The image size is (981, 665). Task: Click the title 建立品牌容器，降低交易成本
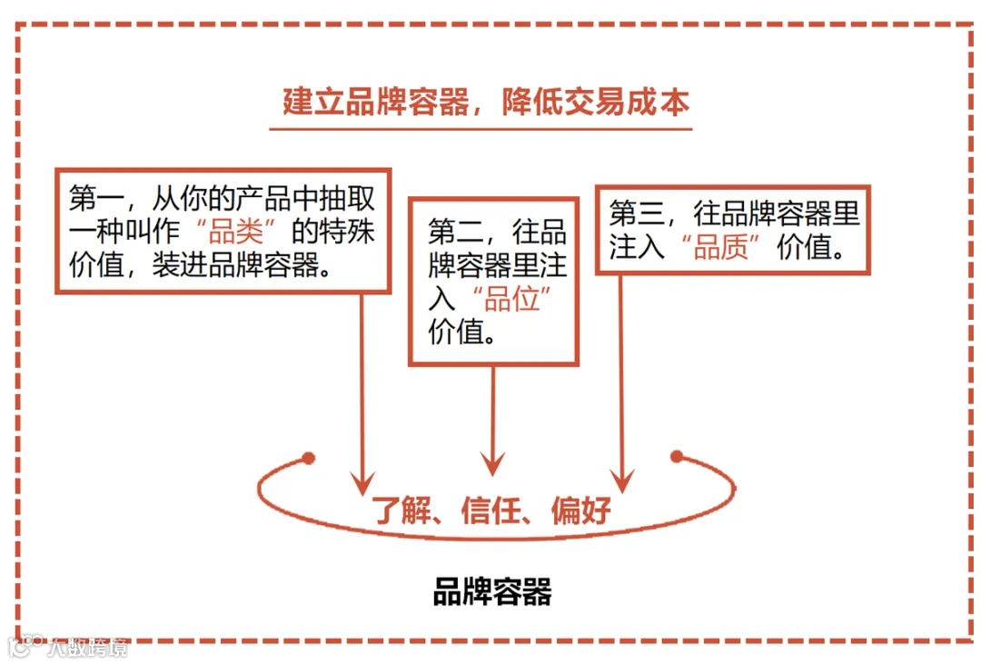[x=486, y=102]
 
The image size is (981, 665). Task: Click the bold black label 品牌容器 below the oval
[x=491, y=592]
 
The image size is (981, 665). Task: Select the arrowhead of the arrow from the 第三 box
[x=622, y=481]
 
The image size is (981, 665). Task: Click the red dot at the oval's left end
[x=309, y=456]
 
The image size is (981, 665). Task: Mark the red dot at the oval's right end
[x=676, y=456]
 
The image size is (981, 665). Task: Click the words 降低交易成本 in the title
[x=595, y=102]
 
